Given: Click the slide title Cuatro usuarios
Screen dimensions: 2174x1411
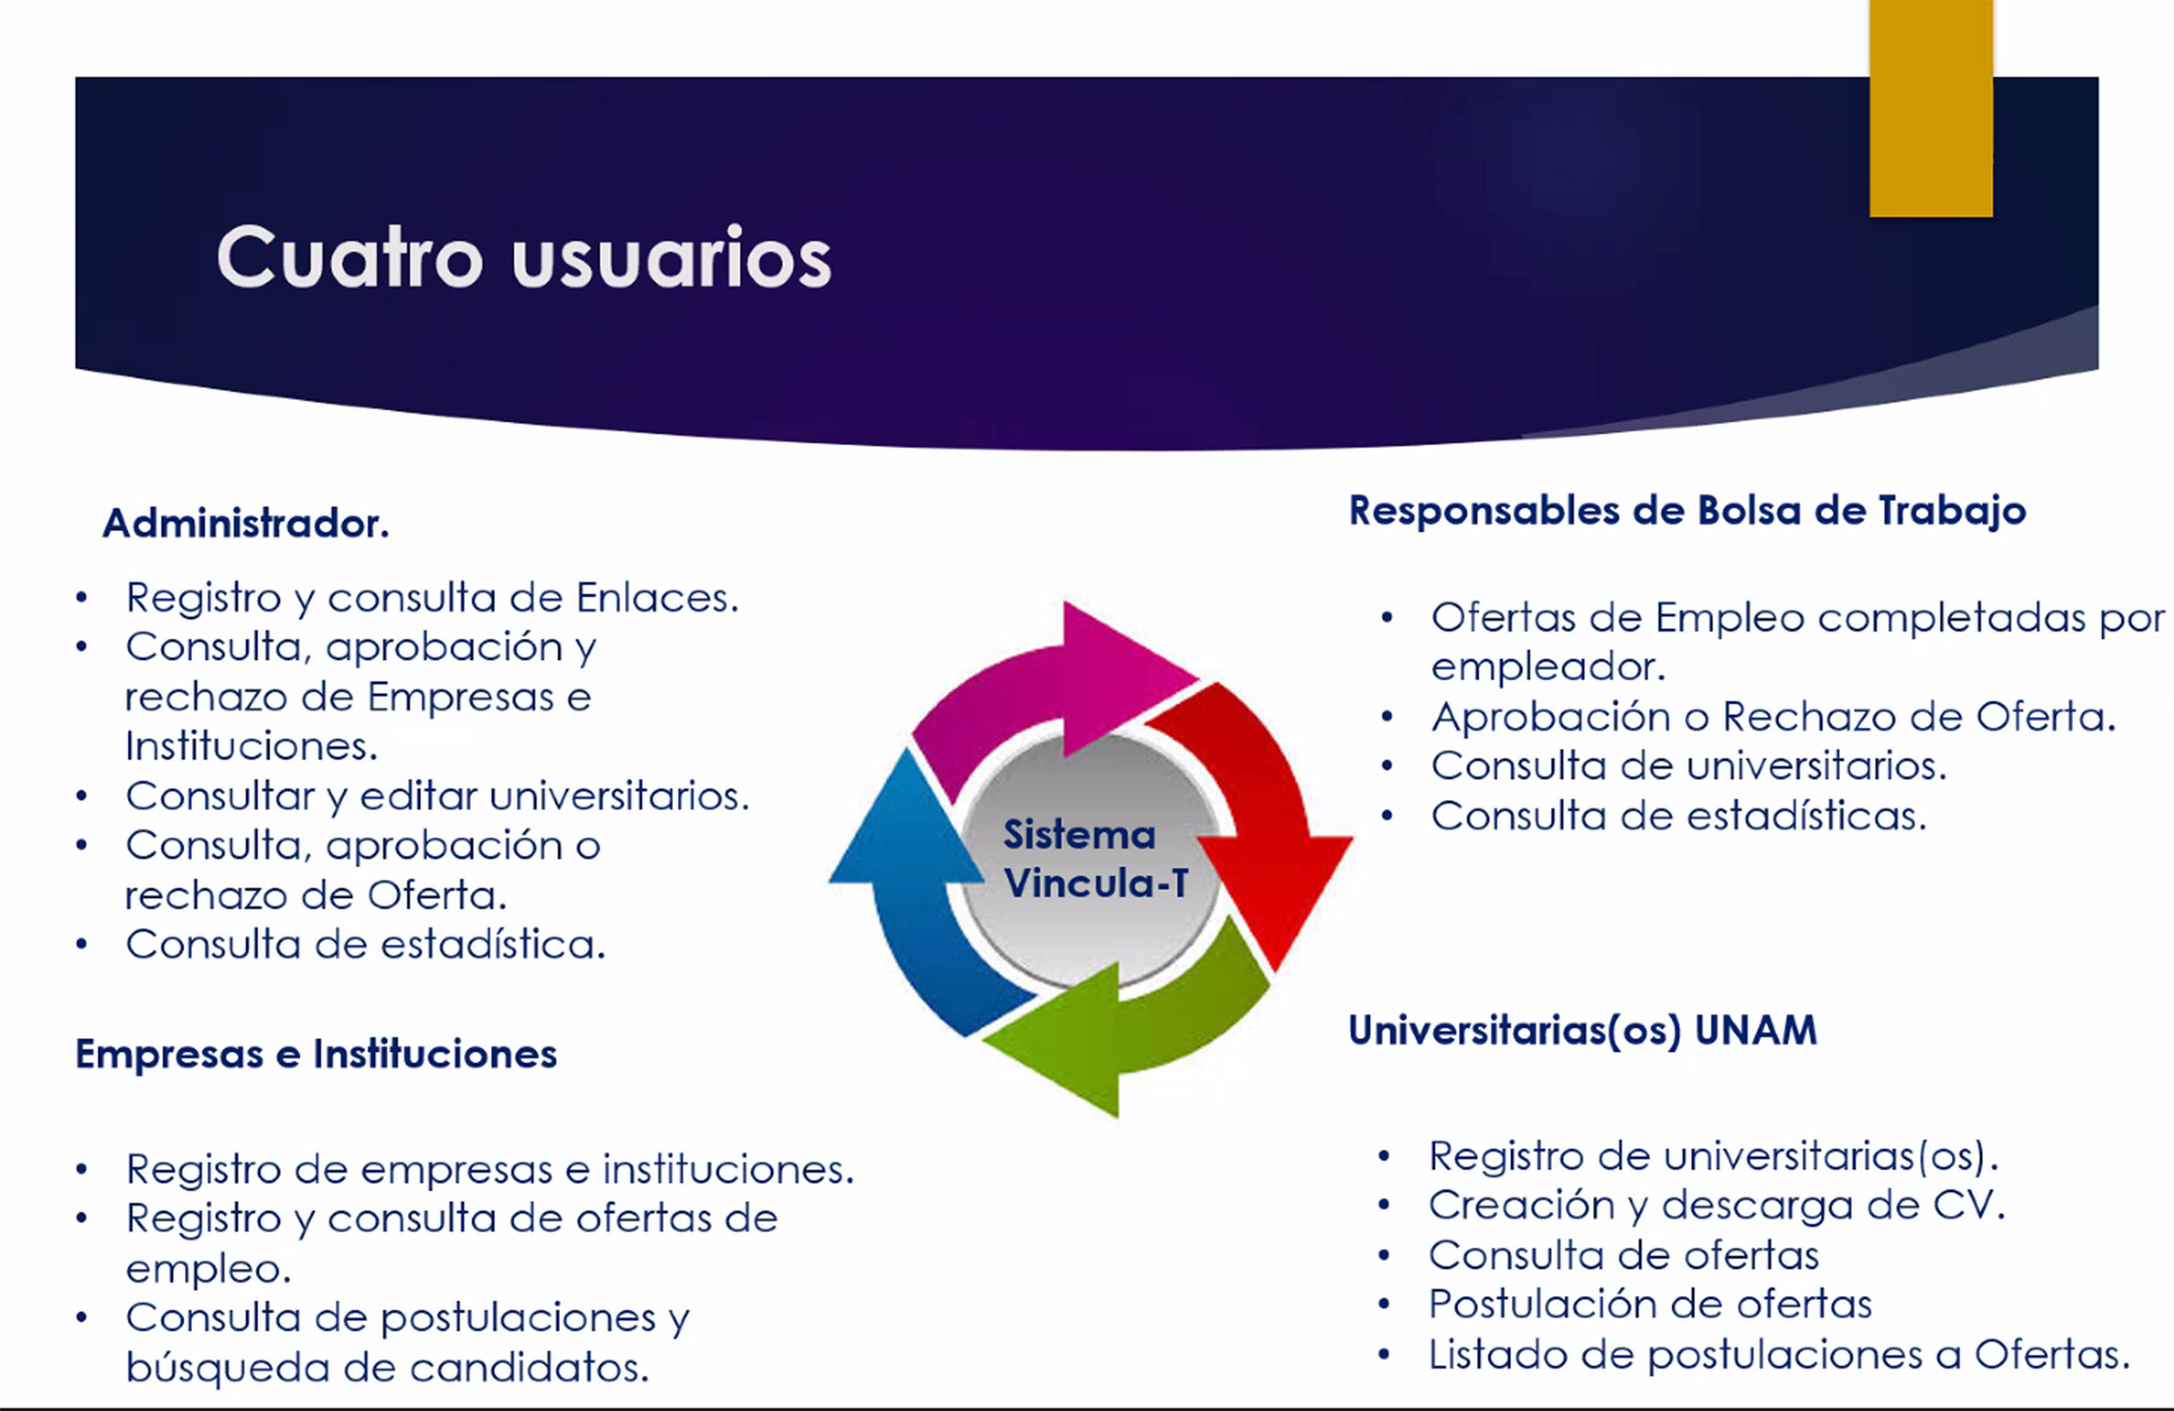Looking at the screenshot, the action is click(x=523, y=258).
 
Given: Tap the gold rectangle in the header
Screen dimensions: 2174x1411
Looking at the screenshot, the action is click(x=1931, y=108).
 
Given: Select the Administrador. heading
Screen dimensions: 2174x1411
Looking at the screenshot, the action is click(x=245, y=523).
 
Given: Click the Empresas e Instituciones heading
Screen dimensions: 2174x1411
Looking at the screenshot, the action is click(x=316, y=1054).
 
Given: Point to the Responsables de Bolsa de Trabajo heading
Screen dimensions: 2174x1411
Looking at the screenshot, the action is click(x=1687, y=510).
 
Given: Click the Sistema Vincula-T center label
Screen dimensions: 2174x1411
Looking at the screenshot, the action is click(x=1094, y=858).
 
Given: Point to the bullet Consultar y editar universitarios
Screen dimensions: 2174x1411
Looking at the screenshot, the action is click(x=437, y=796).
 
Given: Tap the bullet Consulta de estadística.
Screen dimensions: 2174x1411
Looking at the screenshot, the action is click(x=365, y=944).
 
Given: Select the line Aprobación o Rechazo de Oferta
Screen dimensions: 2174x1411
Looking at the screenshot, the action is click(x=1773, y=717).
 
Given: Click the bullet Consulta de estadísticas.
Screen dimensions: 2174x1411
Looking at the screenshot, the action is click(x=1679, y=815).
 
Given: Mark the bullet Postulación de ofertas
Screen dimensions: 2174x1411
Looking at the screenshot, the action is click(x=1651, y=1304).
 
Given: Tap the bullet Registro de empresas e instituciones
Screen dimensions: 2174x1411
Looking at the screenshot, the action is click(x=490, y=1169).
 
